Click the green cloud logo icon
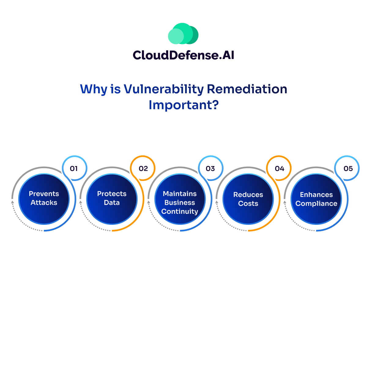click(x=183, y=34)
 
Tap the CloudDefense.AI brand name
click(x=183, y=55)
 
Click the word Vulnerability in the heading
click(x=164, y=89)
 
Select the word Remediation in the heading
click(x=247, y=89)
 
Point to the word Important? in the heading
click(x=183, y=105)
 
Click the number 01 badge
click(x=74, y=168)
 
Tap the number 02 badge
click(x=143, y=168)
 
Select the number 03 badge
click(x=211, y=168)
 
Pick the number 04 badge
click(x=279, y=168)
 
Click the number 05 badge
click(x=347, y=168)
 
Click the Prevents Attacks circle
click(x=44, y=199)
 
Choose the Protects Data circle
click(x=112, y=199)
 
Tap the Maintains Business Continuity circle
click(x=180, y=199)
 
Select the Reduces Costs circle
click(x=248, y=199)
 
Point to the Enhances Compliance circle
click(x=316, y=199)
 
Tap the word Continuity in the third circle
click(x=180, y=211)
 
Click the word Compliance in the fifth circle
click(x=316, y=204)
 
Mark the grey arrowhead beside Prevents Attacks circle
click(x=12, y=202)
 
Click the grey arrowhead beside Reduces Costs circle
click(x=217, y=202)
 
